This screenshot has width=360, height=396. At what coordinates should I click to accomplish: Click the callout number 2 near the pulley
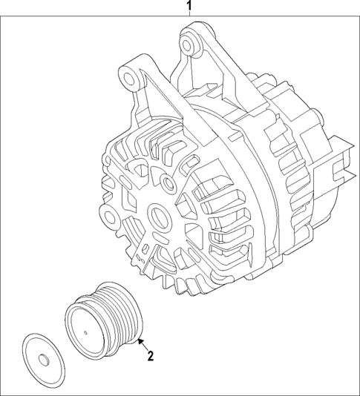point(150,356)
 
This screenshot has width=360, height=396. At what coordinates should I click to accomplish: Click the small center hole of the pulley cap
point(43,361)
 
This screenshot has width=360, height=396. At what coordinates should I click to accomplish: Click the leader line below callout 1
point(189,18)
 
